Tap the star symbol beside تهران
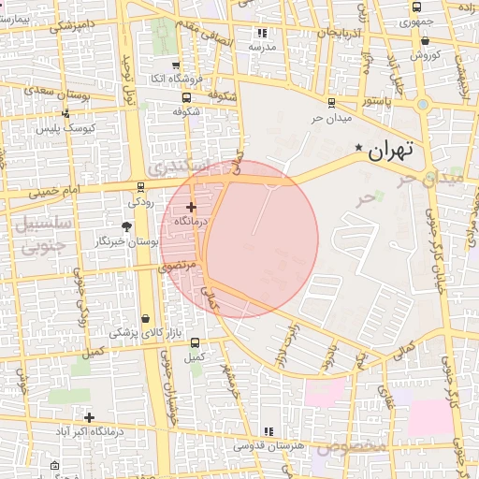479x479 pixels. pos(359,148)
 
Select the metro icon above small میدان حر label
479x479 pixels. pos(331,104)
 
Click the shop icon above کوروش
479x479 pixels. pos(426,40)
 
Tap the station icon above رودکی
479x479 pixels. pos(140,186)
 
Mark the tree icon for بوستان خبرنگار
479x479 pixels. pos(127,225)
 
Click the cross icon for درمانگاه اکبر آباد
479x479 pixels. pos(89,417)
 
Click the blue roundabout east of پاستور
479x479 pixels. pos(423,105)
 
